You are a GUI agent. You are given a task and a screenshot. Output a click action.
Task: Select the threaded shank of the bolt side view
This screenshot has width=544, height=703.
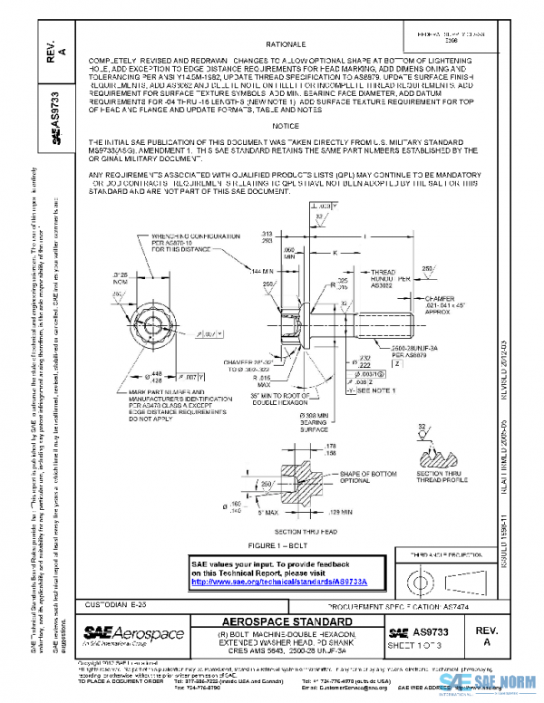(x=381, y=320)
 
